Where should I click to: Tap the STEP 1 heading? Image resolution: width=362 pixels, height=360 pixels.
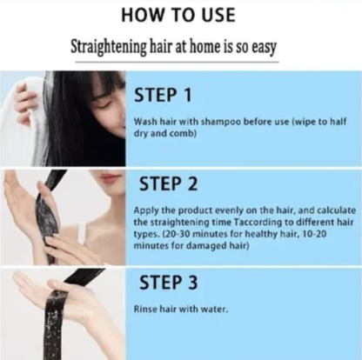tap(169, 94)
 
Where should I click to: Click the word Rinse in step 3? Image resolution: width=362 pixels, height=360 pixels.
tap(145, 310)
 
